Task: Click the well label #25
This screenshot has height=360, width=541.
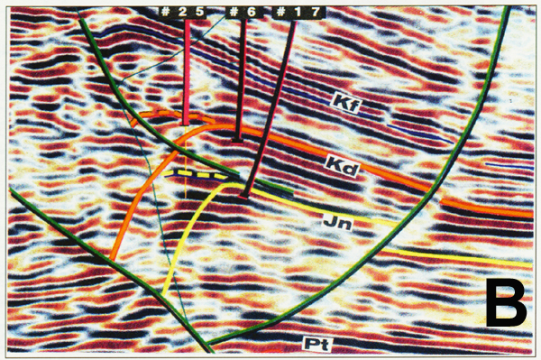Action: coord(184,11)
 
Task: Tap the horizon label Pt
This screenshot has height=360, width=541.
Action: coord(314,344)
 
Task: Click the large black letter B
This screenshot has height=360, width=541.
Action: coord(505,302)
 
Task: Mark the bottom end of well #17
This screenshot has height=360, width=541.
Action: coord(246,192)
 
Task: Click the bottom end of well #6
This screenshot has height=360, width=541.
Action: coord(236,140)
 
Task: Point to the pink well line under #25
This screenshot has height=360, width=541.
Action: coord(187,72)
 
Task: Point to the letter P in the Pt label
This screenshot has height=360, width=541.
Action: coord(309,344)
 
